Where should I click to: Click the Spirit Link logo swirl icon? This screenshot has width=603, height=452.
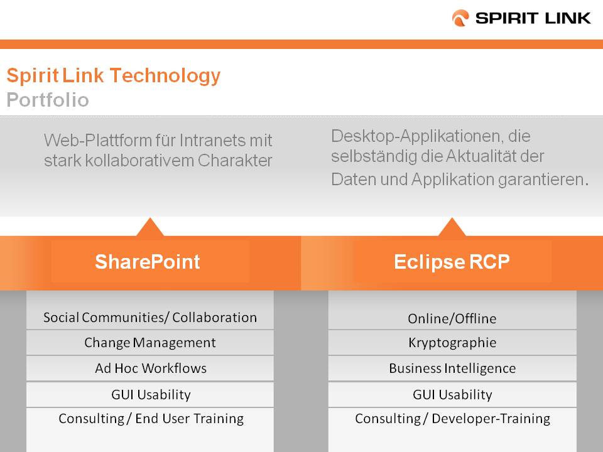pyautogui.click(x=460, y=18)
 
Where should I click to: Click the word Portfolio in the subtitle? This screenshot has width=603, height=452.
pyautogui.click(x=48, y=100)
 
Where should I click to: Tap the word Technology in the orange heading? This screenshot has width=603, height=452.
pyautogui.click(x=165, y=76)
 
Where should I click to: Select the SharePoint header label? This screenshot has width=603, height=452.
pyautogui.click(x=147, y=262)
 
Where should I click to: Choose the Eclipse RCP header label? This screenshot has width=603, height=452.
pyautogui.click(x=452, y=262)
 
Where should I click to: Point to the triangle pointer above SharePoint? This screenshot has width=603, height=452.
pyautogui.click(x=150, y=228)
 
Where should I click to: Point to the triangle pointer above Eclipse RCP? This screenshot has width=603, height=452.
pyautogui.click(x=452, y=228)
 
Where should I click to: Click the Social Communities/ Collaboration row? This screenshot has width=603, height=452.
pyautogui.click(x=150, y=318)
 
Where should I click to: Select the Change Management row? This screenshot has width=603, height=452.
pyautogui.click(x=150, y=343)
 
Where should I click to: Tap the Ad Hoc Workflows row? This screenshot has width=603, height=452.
pyautogui.click(x=151, y=369)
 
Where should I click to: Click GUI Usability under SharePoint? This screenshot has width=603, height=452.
pyautogui.click(x=151, y=394)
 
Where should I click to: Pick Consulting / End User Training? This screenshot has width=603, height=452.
pyautogui.click(x=151, y=419)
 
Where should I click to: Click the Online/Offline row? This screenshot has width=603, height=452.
pyautogui.click(x=452, y=319)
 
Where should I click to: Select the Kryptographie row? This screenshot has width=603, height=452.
pyautogui.click(x=452, y=343)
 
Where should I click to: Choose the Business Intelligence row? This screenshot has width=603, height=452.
pyautogui.click(x=452, y=369)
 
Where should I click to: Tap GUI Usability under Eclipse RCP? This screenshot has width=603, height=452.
pyautogui.click(x=452, y=394)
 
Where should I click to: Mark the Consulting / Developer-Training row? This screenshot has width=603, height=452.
pyautogui.click(x=452, y=419)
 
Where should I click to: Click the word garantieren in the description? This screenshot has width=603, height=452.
pyautogui.click(x=543, y=180)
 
